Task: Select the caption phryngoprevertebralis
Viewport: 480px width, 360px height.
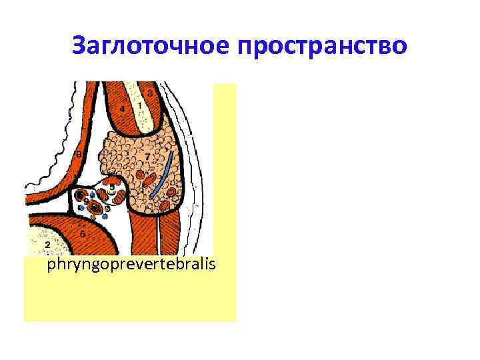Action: click(x=131, y=266)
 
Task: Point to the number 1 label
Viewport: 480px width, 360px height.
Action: click(x=140, y=105)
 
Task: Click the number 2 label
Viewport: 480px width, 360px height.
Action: click(x=47, y=245)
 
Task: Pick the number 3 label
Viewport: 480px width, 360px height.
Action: click(x=151, y=94)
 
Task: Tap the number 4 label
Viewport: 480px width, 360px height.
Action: click(x=122, y=109)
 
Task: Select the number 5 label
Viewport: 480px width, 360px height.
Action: click(x=111, y=187)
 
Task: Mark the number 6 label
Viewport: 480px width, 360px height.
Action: click(x=82, y=235)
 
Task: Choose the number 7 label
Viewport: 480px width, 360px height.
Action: click(x=147, y=156)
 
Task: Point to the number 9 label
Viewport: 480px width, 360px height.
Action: click(x=86, y=201)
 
